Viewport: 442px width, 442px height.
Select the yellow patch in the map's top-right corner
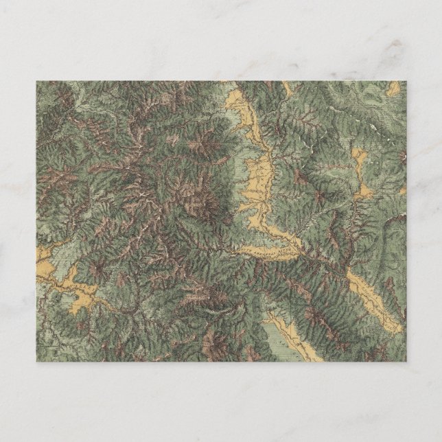(393, 88)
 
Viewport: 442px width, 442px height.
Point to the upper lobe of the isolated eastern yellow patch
(358, 159)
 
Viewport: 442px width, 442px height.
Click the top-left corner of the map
(37, 81)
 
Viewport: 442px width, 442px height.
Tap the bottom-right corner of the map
(406, 362)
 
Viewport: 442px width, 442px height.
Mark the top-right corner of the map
(406, 81)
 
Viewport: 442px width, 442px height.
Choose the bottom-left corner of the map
(37, 362)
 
